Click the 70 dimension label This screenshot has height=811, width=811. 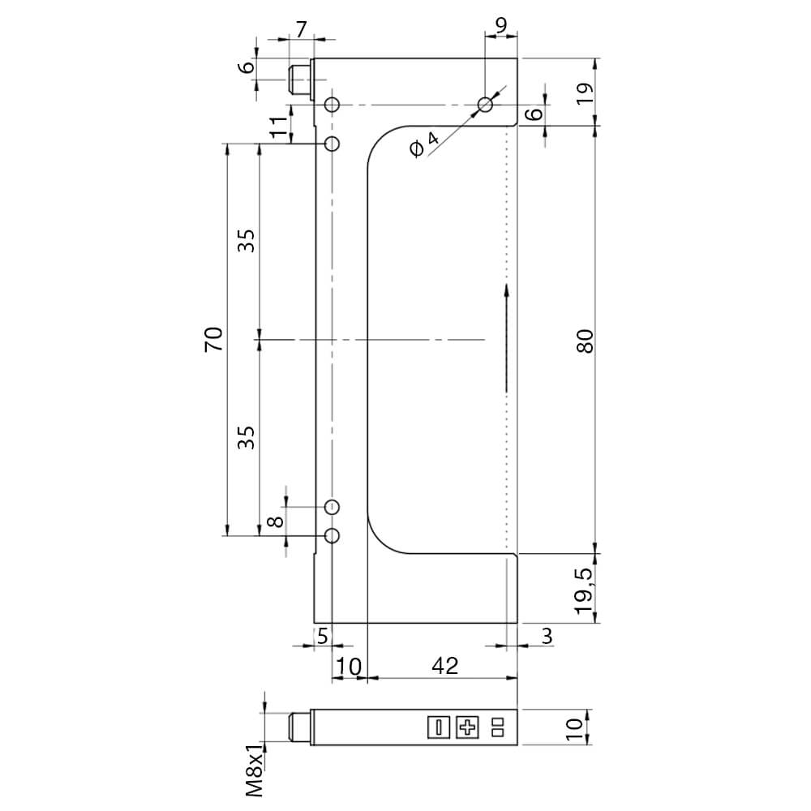point(214,339)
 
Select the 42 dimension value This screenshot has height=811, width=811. point(444,666)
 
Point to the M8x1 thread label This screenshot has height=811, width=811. point(254,770)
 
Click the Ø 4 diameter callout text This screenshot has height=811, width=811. point(424,144)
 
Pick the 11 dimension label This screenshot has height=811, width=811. point(278,127)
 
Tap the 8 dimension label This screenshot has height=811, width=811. point(277,521)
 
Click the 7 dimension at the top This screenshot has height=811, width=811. point(302,29)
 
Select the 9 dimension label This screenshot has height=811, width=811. point(501,25)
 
